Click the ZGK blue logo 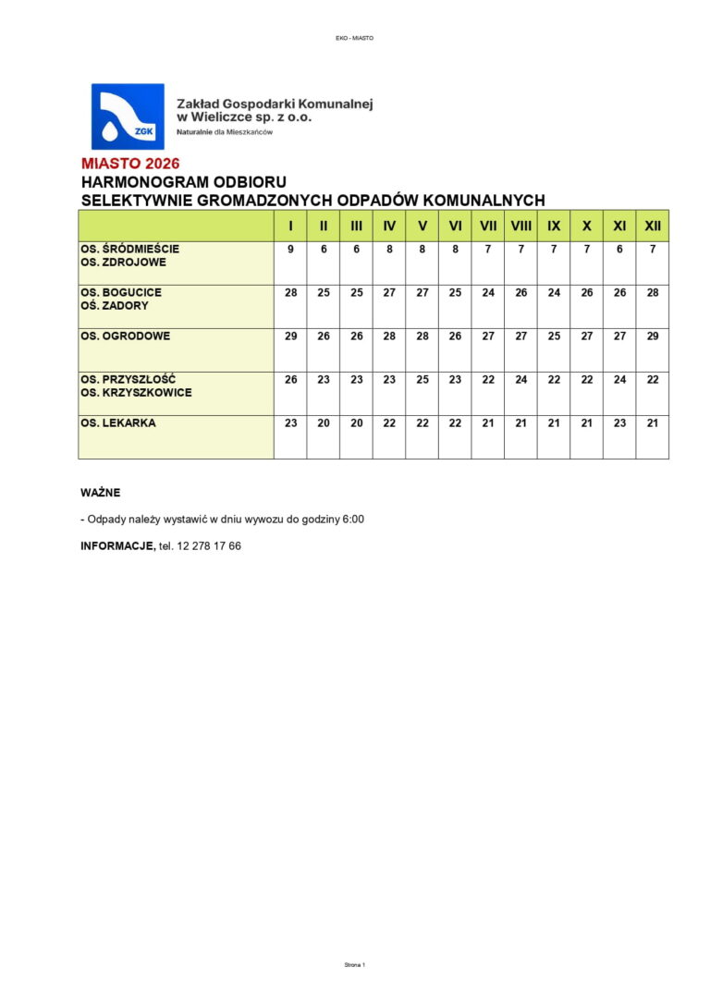[x=127, y=116]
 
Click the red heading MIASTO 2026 [x=130, y=165]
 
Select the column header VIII [x=520, y=226]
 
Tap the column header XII [x=653, y=226]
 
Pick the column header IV [x=389, y=226]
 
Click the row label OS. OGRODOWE [x=126, y=336]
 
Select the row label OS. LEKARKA [x=118, y=422]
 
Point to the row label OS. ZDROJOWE [x=123, y=263]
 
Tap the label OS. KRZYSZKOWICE [x=136, y=393]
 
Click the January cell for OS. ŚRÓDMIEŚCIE [x=290, y=250]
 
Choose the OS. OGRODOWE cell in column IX [x=554, y=337]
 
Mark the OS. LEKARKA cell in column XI [x=619, y=423]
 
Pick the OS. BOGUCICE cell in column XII [x=653, y=293]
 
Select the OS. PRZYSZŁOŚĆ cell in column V [x=422, y=380]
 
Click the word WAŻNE [x=101, y=493]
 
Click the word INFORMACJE [x=117, y=546]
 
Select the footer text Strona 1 [x=355, y=964]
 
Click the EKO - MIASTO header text [x=355, y=38]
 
